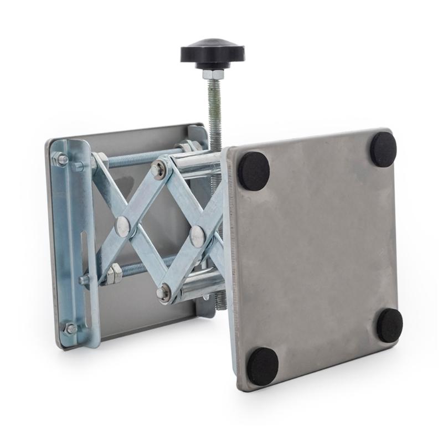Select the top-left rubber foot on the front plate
click(x=253, y=171)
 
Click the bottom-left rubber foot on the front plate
click(x=262, y=366)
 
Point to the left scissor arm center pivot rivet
click(x=123, y=225)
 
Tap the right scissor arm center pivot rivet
click(x=197, y=236)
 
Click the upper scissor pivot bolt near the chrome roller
click(x=159, y=169)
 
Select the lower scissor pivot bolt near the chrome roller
click(x=163, y=292)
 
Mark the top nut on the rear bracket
click(x=61, y=160)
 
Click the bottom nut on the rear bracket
click(x=70, y=328)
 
